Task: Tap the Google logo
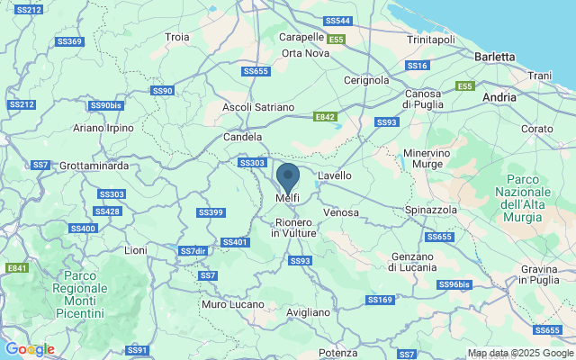point(30,349)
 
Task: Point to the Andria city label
point(499,95)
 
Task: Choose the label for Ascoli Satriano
point(258,107)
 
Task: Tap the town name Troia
point(177,37)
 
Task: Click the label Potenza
point(337,353)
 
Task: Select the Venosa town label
point(341,212)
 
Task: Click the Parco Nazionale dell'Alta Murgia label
point(528,192)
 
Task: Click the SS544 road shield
point(337,20)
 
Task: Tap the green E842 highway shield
point(325,117)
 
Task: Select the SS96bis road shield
point(454,284)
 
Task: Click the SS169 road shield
point(379,299)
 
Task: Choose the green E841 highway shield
point(16,268)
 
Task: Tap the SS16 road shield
point(417,66)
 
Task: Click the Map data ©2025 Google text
point(520,354)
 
